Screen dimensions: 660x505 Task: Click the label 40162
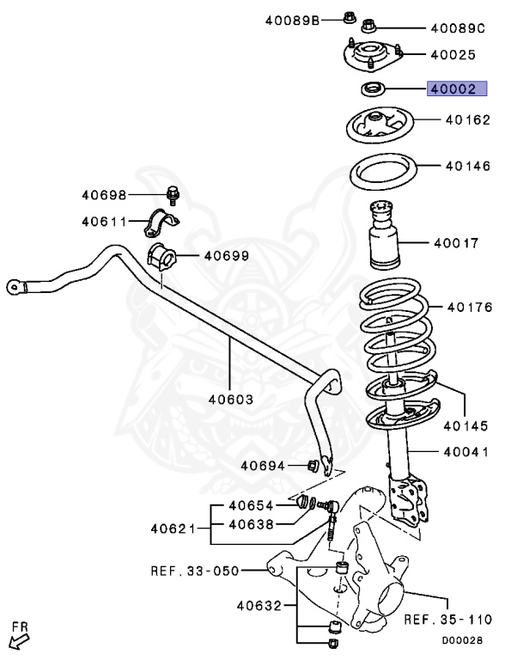pos(466,121)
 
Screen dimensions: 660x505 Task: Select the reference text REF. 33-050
pos(194,569)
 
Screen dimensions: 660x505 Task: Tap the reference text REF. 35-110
pos(447,619)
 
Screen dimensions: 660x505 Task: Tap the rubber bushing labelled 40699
pos(161,255)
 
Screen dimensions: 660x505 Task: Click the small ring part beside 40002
pos(372,88)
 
